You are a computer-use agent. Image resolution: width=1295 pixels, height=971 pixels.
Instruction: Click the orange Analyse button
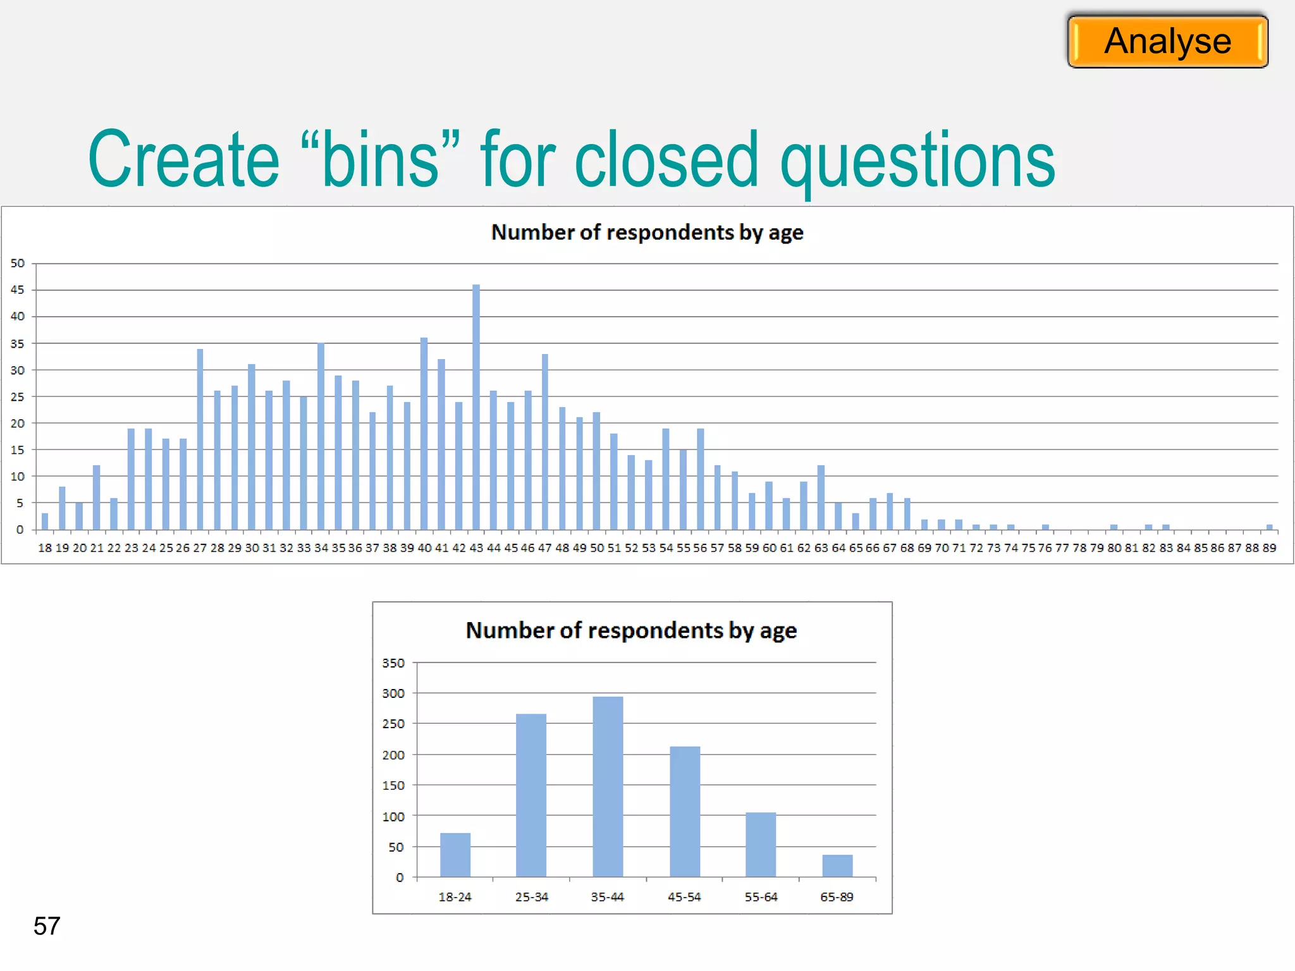(1167, 42)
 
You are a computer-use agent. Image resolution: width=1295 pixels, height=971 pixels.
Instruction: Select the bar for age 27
(200, 439)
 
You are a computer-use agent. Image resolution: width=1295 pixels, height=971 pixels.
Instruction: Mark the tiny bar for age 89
(1269, 527)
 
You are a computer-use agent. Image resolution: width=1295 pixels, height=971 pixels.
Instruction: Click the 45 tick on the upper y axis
(18, 290)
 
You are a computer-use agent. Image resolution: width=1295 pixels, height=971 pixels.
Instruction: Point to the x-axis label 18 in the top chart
(45, 548)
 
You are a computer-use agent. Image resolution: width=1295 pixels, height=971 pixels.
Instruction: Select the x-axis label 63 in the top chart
(821, 548)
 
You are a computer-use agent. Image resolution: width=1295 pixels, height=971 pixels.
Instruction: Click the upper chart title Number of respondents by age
(647, 233)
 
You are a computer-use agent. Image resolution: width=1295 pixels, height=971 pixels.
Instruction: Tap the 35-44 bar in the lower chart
(608, 786)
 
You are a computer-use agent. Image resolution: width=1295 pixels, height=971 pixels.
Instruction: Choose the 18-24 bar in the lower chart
(455, 855)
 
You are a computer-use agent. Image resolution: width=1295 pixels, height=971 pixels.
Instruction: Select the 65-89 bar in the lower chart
(837, 865)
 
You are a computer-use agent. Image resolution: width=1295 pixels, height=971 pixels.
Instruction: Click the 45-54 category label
(684, 896)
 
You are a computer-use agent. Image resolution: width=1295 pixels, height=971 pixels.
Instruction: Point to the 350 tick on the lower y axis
(393, 663)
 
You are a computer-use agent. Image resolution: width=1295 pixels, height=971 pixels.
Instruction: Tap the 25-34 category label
(532, 896)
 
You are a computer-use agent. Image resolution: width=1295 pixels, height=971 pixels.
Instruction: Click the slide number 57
(47, 926)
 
